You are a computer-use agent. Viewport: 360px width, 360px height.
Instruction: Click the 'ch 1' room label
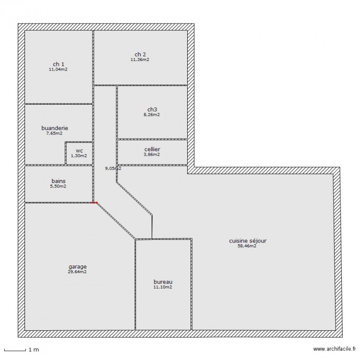click(59, 64)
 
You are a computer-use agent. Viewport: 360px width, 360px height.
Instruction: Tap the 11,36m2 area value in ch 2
click(140, 60)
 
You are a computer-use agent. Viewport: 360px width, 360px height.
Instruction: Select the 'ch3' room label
click(152, 109)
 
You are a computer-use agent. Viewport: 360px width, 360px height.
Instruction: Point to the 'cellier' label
click(152, 149)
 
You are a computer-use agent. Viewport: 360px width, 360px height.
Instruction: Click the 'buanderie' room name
click(55, 128)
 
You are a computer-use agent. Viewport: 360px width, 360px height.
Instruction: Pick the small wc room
click(79, 153)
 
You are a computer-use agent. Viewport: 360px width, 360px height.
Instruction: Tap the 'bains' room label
click(59, 181)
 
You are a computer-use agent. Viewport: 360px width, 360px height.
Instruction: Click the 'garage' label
click(77, 266)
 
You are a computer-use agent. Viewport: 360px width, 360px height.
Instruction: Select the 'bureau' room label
click(163, 282)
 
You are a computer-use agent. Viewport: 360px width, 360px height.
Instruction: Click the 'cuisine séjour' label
click(247, 241)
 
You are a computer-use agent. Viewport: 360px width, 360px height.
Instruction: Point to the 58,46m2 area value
click(247, 246)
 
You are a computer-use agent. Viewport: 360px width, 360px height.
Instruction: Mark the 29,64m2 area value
click(77, 272)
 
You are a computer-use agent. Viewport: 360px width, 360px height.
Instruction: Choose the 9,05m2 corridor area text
click(113, 168)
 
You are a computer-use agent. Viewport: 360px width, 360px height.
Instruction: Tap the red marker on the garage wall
click(95, 203)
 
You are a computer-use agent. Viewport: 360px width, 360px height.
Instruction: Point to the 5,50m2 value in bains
click(59, 186)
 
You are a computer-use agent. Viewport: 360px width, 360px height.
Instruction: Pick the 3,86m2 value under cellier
click(152, 155)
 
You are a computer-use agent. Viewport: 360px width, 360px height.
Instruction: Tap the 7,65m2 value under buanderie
click(55, 133)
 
